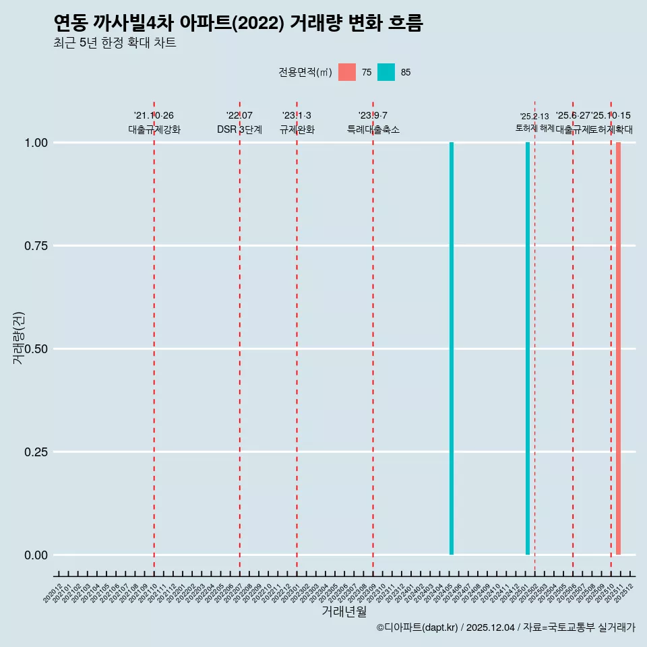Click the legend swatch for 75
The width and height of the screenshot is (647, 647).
(x=347, y=72)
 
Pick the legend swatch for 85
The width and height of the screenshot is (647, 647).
(x=386, y=72)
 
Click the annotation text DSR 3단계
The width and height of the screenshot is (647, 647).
(x=239, y=129)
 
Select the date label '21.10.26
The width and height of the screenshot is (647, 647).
(x=154, y=116)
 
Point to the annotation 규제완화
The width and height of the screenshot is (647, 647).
(x=297, y=129)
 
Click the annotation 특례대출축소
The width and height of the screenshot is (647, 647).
(x=373, y=129)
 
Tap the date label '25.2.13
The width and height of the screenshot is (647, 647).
(x=534, y=117)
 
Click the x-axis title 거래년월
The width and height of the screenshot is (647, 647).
(x=344, y=612)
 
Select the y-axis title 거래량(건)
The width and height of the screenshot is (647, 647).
(x=18, y=338)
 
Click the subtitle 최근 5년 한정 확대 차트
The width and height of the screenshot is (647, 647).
(x=115, y=43)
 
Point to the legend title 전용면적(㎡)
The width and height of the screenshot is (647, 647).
(x=305, y=72)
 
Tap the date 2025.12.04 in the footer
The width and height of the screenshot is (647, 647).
(x=490, y=627)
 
